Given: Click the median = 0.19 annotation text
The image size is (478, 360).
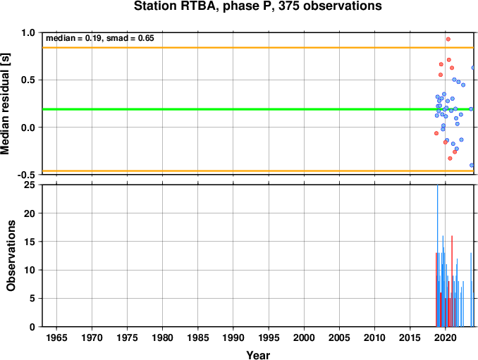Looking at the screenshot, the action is (73, 38).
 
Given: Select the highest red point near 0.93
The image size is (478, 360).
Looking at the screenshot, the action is (448, 39).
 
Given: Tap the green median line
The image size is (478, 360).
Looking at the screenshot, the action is (258, 109).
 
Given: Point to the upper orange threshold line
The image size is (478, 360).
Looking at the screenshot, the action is (258, 47).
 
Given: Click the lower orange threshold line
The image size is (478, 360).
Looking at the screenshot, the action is (258, 171).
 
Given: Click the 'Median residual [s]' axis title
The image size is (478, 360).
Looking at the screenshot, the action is (6, 104).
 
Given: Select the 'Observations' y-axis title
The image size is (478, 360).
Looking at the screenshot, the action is (11, 256).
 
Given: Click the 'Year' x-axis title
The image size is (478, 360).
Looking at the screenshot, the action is (258, 355).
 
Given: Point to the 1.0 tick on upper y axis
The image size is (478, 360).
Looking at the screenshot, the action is (28, 32).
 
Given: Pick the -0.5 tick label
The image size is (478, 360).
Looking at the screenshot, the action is (27, 175).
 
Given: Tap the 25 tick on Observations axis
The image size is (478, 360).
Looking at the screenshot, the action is (30, 185).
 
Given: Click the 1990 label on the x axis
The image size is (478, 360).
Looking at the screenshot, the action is (233, 337).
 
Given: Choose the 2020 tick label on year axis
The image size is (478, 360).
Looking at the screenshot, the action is (446, 337).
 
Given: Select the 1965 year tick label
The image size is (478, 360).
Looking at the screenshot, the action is (56, 337).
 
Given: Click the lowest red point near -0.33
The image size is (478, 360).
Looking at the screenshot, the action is (450, 159).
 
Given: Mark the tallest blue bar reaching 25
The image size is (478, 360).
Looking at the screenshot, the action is (437, 256).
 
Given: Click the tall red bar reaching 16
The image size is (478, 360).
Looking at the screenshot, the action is (452, 281).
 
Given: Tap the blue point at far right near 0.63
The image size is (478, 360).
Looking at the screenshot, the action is (474, 68).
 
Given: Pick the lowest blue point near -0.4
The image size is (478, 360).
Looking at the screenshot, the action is (472, 166).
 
